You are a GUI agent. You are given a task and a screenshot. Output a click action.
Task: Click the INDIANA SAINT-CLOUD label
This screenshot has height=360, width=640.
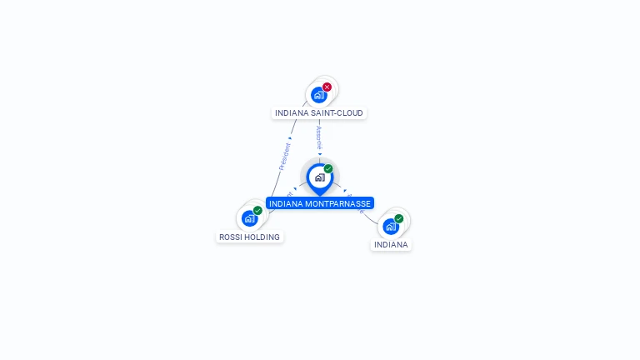click(320, 112)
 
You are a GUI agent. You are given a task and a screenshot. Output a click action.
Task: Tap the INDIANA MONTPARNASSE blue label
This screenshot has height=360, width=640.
click(320, 203)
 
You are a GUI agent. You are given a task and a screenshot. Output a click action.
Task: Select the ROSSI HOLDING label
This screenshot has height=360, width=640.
click(249, 237)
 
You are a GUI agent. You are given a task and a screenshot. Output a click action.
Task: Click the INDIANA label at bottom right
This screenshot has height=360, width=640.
click(391, 245)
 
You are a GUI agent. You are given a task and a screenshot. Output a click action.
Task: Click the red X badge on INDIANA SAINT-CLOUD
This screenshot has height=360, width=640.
click(327, 87)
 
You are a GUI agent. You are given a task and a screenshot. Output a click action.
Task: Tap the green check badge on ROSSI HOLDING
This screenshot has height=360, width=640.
click(257, 210)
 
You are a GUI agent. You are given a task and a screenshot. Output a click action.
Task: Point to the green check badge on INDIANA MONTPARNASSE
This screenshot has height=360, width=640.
click(328, 168)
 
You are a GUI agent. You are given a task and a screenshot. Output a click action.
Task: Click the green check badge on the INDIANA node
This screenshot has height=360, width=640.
click(399, 218)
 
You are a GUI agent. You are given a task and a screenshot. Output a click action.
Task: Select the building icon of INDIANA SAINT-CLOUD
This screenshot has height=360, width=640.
click(318, 95)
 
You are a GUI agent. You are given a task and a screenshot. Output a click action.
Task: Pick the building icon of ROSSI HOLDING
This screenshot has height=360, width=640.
click(249, 218)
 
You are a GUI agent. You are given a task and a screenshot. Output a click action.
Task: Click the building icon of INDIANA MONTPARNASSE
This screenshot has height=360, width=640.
click(319, 177)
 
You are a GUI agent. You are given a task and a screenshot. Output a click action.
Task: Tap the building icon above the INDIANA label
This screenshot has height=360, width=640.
click(390, 226)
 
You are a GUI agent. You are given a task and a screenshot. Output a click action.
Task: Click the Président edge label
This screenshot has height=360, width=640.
click(284, 157)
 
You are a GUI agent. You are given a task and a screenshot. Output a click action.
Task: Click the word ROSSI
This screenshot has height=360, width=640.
click(230, 237)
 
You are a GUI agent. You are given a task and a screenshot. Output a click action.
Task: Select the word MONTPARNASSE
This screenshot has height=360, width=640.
click(340, 203)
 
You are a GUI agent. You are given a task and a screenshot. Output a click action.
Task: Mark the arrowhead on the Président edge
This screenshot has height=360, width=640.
click(289, 137)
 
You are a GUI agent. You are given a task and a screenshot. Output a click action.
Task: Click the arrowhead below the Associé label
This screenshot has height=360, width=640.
click(320, 153)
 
